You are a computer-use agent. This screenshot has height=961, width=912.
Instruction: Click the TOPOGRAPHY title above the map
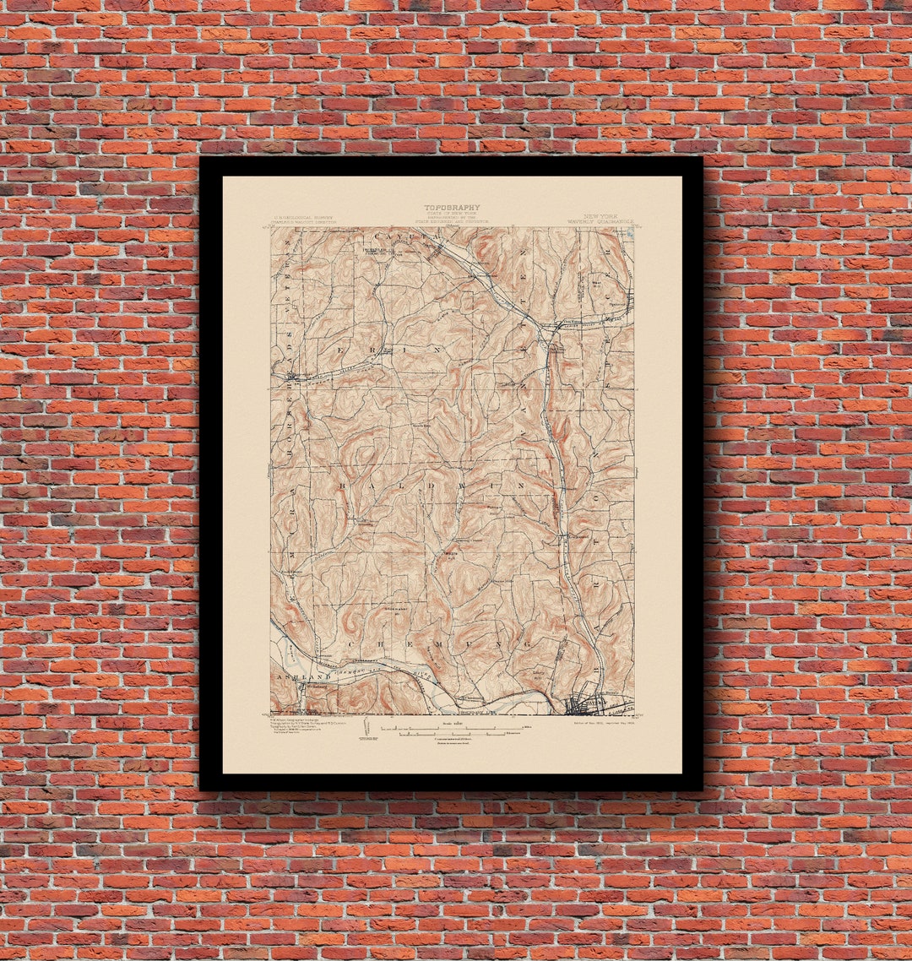tap(452, 207)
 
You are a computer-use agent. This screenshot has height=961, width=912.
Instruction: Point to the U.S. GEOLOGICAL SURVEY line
tap(290, 217)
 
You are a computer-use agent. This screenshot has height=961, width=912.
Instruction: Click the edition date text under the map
tap(596, 723)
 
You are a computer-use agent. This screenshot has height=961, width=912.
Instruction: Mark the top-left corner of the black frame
tap(201, 158)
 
